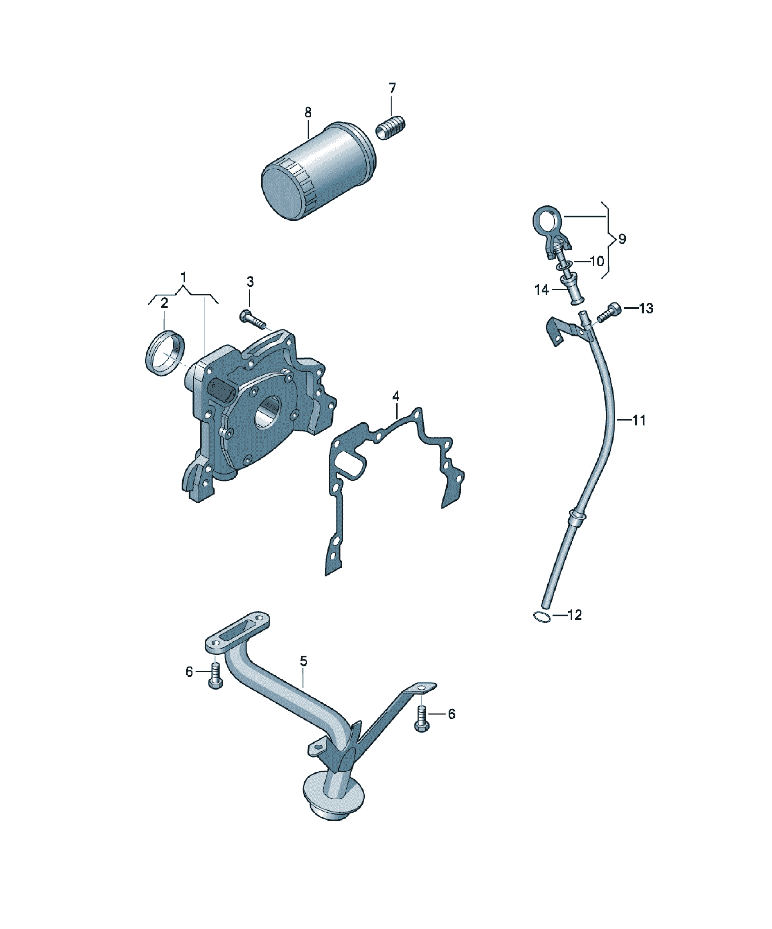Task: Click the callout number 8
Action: point(308,112)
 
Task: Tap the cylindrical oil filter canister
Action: point(319,170)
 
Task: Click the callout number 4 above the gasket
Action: point(396,396)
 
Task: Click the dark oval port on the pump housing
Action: point(219,391)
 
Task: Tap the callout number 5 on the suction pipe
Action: point(303,673)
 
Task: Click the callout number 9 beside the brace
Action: point(622,239)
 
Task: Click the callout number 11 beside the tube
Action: point(639,420)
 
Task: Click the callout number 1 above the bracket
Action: point(184,278)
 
